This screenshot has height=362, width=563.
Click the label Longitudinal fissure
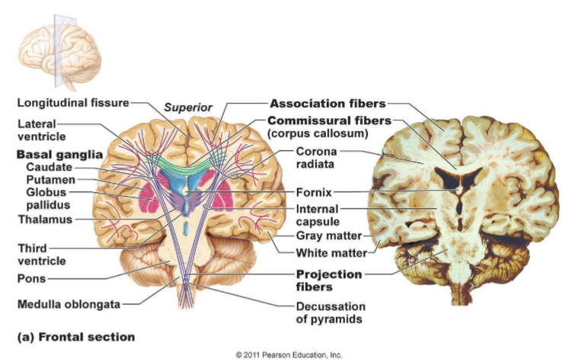tap(72, 102)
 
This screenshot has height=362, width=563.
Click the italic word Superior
tap(188, 107)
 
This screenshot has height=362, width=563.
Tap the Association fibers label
tap(328, 103)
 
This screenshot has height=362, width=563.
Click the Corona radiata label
tap(316, 158)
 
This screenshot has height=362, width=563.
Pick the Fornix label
tap(312, 191)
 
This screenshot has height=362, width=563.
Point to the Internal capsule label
tap(318, 215)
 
